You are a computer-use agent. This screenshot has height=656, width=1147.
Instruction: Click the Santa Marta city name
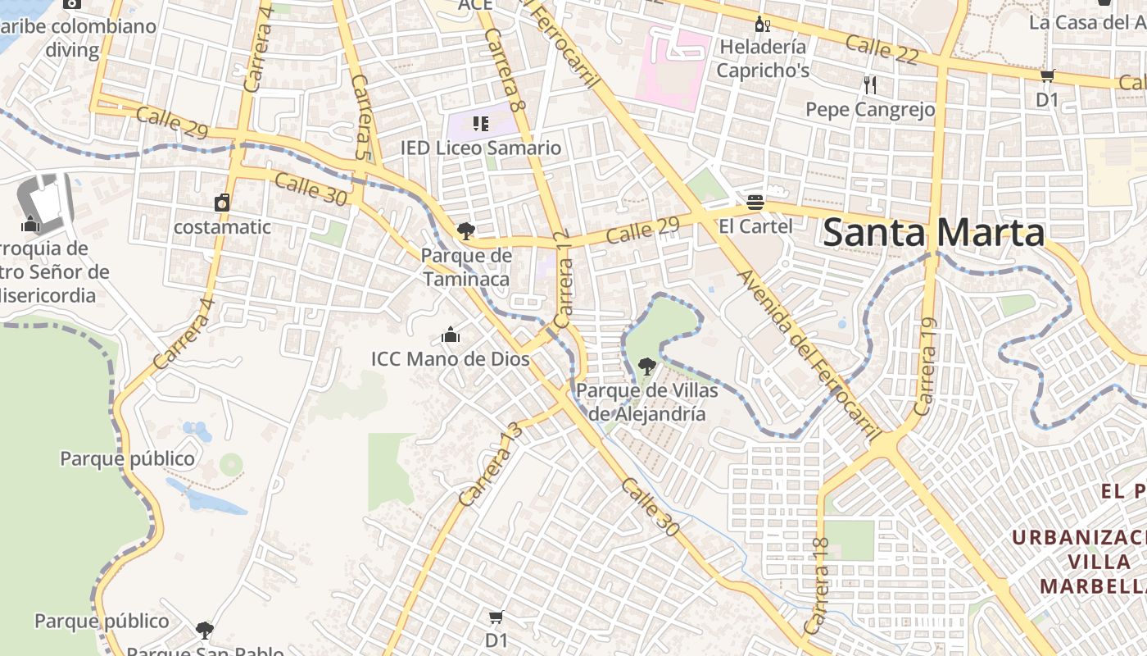point(933,232)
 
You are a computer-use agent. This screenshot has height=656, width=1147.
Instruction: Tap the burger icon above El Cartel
point(755,202)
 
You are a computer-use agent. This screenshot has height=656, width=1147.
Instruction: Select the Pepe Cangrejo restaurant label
point(870,109)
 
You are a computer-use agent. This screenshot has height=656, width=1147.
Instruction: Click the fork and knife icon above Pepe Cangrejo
point(870,84)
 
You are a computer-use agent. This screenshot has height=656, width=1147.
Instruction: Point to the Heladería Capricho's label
point(763,58)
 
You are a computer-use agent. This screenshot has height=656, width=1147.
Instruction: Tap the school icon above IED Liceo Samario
point(481,124)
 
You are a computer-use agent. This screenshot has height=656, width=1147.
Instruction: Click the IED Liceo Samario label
point(481,148)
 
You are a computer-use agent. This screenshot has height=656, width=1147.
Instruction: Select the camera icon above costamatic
point(222,203)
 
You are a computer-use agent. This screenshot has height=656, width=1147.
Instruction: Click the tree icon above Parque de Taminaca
point(466,231)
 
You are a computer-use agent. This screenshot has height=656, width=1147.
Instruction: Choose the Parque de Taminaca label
point(466,267)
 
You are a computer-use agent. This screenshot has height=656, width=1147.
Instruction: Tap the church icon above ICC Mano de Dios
point(450,335)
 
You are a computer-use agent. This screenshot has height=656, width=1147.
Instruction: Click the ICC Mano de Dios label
point(450,358)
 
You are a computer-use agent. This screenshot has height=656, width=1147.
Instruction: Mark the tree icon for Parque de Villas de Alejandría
point(647,366)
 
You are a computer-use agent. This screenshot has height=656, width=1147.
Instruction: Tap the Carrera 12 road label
point(563,279)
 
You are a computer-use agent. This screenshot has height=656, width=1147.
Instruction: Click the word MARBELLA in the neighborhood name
point(1093,586)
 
